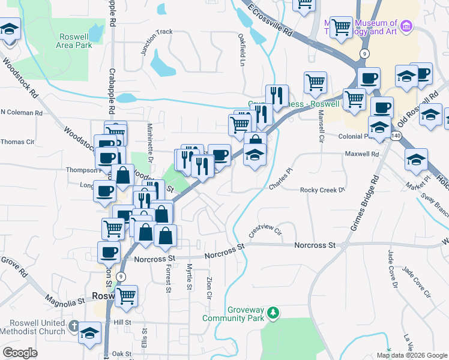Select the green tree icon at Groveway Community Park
pos(273,313)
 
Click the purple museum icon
pos(406,26)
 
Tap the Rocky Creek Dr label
pos(323,190)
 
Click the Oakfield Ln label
pos(243,45)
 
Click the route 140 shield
pos(395,137)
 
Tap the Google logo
pos(20,352)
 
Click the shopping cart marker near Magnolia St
pos(127,295)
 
